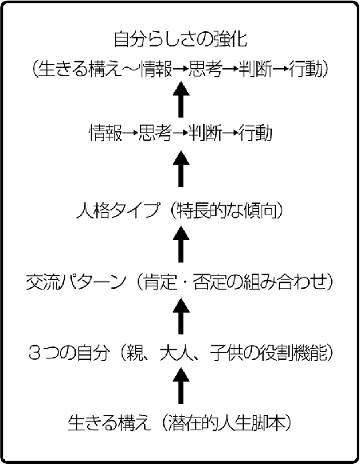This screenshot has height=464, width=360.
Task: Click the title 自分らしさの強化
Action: click(180, 38)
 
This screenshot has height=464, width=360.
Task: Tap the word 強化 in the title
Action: click(230, 38)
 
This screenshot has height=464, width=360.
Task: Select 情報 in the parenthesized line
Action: click(157, 69)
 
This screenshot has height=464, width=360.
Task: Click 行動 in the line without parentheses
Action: click(255, 133)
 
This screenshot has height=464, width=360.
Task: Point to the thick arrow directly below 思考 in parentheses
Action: click(181, 100)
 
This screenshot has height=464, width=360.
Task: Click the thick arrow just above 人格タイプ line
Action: click(181, 169)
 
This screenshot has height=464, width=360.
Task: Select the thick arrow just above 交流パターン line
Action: click(181, 245)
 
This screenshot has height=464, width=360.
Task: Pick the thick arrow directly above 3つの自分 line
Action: click(181, 316)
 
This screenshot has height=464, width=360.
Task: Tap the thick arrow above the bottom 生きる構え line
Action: click(181, 386)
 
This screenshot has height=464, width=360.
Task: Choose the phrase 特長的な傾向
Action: click(227, 210)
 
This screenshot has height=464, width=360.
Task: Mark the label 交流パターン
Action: click(76, 282)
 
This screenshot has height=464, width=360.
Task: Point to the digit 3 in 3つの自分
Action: click(34, 353)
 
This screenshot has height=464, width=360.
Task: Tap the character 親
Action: click(135, 353)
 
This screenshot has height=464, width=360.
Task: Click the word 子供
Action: click(227, 353)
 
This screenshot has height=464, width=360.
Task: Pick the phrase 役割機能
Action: click(294, 353)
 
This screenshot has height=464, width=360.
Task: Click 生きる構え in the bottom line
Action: click(109, 423)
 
